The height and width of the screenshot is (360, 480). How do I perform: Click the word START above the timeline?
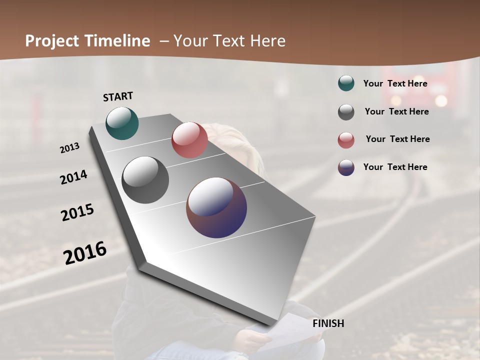118,96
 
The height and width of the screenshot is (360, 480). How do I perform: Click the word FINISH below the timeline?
328,323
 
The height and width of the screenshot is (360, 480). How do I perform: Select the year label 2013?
69,148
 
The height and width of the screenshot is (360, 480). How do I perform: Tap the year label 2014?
73,177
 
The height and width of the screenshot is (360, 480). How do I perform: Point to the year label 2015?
77,212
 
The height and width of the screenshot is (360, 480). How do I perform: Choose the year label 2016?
85,253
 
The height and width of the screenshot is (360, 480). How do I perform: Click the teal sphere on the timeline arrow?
122,123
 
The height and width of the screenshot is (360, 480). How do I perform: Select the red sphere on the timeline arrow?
189,140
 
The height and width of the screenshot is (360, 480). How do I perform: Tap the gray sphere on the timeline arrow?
145,180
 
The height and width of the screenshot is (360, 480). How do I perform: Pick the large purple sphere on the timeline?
216,207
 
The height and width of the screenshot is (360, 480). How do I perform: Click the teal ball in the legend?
346,83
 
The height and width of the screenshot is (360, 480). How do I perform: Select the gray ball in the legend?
346,112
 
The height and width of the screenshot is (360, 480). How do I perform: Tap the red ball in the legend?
346,140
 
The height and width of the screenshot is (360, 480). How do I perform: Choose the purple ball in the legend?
346,167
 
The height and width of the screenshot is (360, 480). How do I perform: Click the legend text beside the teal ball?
395,83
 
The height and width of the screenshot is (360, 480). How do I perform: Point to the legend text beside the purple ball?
395,167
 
